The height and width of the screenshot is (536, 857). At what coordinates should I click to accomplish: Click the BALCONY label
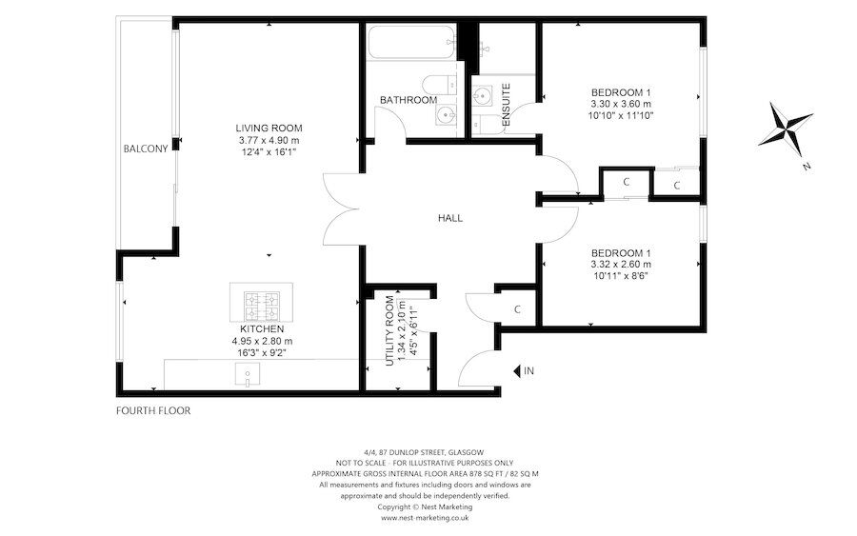click(145, 149)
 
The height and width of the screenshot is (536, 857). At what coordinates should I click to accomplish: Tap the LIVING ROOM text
click(269, 128)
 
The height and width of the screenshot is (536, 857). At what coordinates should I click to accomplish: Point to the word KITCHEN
click(262, 328)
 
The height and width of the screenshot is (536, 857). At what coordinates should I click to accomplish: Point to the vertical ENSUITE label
click(506, 105)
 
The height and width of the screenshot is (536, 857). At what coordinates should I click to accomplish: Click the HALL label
click(450, 218)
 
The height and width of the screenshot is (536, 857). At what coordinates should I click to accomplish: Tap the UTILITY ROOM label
click(389, 330)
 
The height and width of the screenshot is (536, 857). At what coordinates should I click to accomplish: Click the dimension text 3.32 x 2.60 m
click(621, 264)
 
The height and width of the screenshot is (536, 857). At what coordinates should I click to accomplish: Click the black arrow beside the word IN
click(516, 370)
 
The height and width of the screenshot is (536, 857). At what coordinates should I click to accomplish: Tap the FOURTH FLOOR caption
click(153, 411)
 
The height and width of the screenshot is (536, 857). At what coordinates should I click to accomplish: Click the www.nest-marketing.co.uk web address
click(424, 518)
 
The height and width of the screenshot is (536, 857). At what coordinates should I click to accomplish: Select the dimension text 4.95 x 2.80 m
click(262, 341)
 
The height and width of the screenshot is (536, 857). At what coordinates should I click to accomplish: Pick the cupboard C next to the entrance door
click(517, 309)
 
